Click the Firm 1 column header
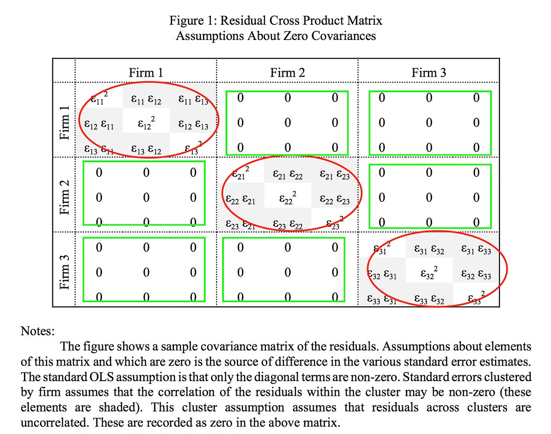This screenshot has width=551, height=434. [x=146, y=73]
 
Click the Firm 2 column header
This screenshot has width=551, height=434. [x=287, y=73]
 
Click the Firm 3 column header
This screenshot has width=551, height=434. [x=428, y=73]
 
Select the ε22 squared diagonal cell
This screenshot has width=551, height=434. [x=287, y=199]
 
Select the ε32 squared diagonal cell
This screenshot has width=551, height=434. [x=429, y=274]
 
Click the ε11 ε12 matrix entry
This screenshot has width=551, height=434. [x=146, y=98]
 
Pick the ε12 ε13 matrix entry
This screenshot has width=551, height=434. [x=193, y=125]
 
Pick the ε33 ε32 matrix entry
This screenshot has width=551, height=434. [x=429, y=301]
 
